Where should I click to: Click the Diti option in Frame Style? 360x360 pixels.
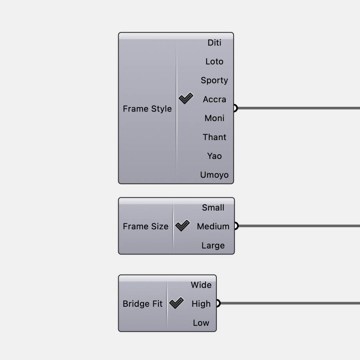pyautogui.click(x=214, y=43)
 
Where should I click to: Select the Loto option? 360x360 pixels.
pyautogui.click(x=214, y=61)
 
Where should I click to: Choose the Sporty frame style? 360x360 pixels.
pyautogui.click(x=214, y=80)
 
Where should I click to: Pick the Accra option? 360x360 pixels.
pyautogui.click(x=214, y=99)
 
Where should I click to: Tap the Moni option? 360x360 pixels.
pyautogui.click(x=214, y=118)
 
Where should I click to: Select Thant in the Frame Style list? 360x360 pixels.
pyautogui.click(x=214, y=137)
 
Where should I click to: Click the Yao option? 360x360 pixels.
pyautogui.click(x=214, y=156)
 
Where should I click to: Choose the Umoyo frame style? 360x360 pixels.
pyautogui.click(x=214, y=175)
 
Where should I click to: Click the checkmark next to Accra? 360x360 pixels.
pyautogui.click(x=186, y=99)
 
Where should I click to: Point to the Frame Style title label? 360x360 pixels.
pyautogui.click(x=147, y=109)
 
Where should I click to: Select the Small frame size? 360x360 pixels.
pyautogui.click(x=213, y=207)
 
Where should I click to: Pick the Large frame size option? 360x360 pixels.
pyautogui.click(x=213, y=245)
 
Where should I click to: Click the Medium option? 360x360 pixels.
pyautogui.click(x=213, y=226)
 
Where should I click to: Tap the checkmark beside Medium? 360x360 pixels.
pyautogui.click(x=182, y=226)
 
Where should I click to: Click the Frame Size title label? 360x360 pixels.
pyautogui.click(x=146, y=226)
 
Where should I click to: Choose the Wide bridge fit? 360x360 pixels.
pyautogui.click(x=201, y=285)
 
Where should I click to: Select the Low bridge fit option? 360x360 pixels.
pyautogui.click(x=201, y=323)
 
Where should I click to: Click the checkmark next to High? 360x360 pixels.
pyautogui.click(x=176, y=303)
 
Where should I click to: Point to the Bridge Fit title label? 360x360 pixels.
pyautogui.click(x=142, y=304)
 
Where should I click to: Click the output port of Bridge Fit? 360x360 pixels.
pyautogui.click(x=218, y=303)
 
